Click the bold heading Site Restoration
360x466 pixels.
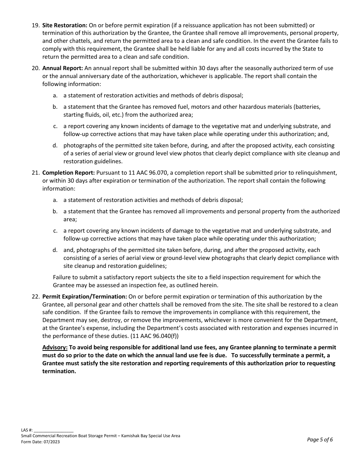click(x=65, y=25)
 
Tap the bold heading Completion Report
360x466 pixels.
click(x=69, y=173)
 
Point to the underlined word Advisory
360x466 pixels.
click(x=55, y=347)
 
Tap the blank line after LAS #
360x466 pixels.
click(x=53, y=430)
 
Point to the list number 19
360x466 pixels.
click(x=35, y=25)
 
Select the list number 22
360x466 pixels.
click(x=35, y=297)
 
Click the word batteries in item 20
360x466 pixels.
click(x=307, y=107)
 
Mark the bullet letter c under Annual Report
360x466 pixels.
click(x=55, y=126)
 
